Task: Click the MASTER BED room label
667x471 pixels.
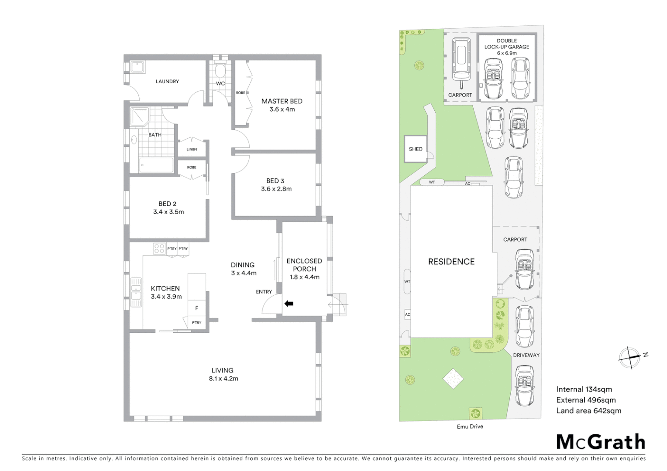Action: pos(282,101)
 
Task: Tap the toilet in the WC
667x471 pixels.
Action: pos(220,71)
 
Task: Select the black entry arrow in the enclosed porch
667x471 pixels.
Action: pos(289,304)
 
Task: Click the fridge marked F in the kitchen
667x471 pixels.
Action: pos(196,308)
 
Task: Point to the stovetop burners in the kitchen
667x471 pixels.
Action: pos(159,249)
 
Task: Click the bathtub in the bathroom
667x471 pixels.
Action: pos(156,165)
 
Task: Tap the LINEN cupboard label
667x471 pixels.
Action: pos(192,149)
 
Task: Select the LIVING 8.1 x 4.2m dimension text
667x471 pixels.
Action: pos(223,379)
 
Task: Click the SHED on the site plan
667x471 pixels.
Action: pos(415,149)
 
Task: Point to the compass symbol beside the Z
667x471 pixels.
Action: pos(629,358)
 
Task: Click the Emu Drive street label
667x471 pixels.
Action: pos(470,427)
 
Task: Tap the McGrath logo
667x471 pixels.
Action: pos(601,442)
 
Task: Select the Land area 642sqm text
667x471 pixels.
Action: pos(588,411)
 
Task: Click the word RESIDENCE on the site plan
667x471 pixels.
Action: pos(451,262)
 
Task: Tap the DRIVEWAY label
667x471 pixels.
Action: pos(526,355)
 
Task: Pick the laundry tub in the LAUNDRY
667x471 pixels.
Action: pos(138,67)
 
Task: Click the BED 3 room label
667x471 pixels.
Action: pos(275,181)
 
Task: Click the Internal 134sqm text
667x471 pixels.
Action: pos(584,389)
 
